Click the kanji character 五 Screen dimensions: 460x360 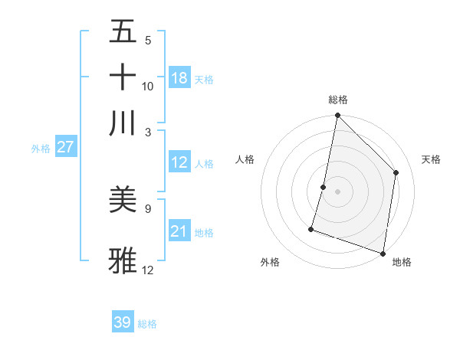123,32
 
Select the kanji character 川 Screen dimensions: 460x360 123,122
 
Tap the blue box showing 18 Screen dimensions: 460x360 179,78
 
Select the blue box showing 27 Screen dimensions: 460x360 65,148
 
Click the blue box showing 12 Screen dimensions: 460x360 179,162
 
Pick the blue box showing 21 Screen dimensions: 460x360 179,231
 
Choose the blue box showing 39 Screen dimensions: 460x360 123,322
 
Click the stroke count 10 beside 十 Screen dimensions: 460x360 148,87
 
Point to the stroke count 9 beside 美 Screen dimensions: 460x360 148,208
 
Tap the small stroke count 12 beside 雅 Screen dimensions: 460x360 148,270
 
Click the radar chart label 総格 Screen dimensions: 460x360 337,100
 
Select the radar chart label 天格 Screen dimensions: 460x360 431,159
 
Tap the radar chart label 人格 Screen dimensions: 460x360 245,159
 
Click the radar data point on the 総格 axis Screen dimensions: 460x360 337,116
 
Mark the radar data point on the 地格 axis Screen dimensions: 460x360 383,253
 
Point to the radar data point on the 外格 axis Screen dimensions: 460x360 311,228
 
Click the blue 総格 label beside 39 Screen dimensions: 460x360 147,324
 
